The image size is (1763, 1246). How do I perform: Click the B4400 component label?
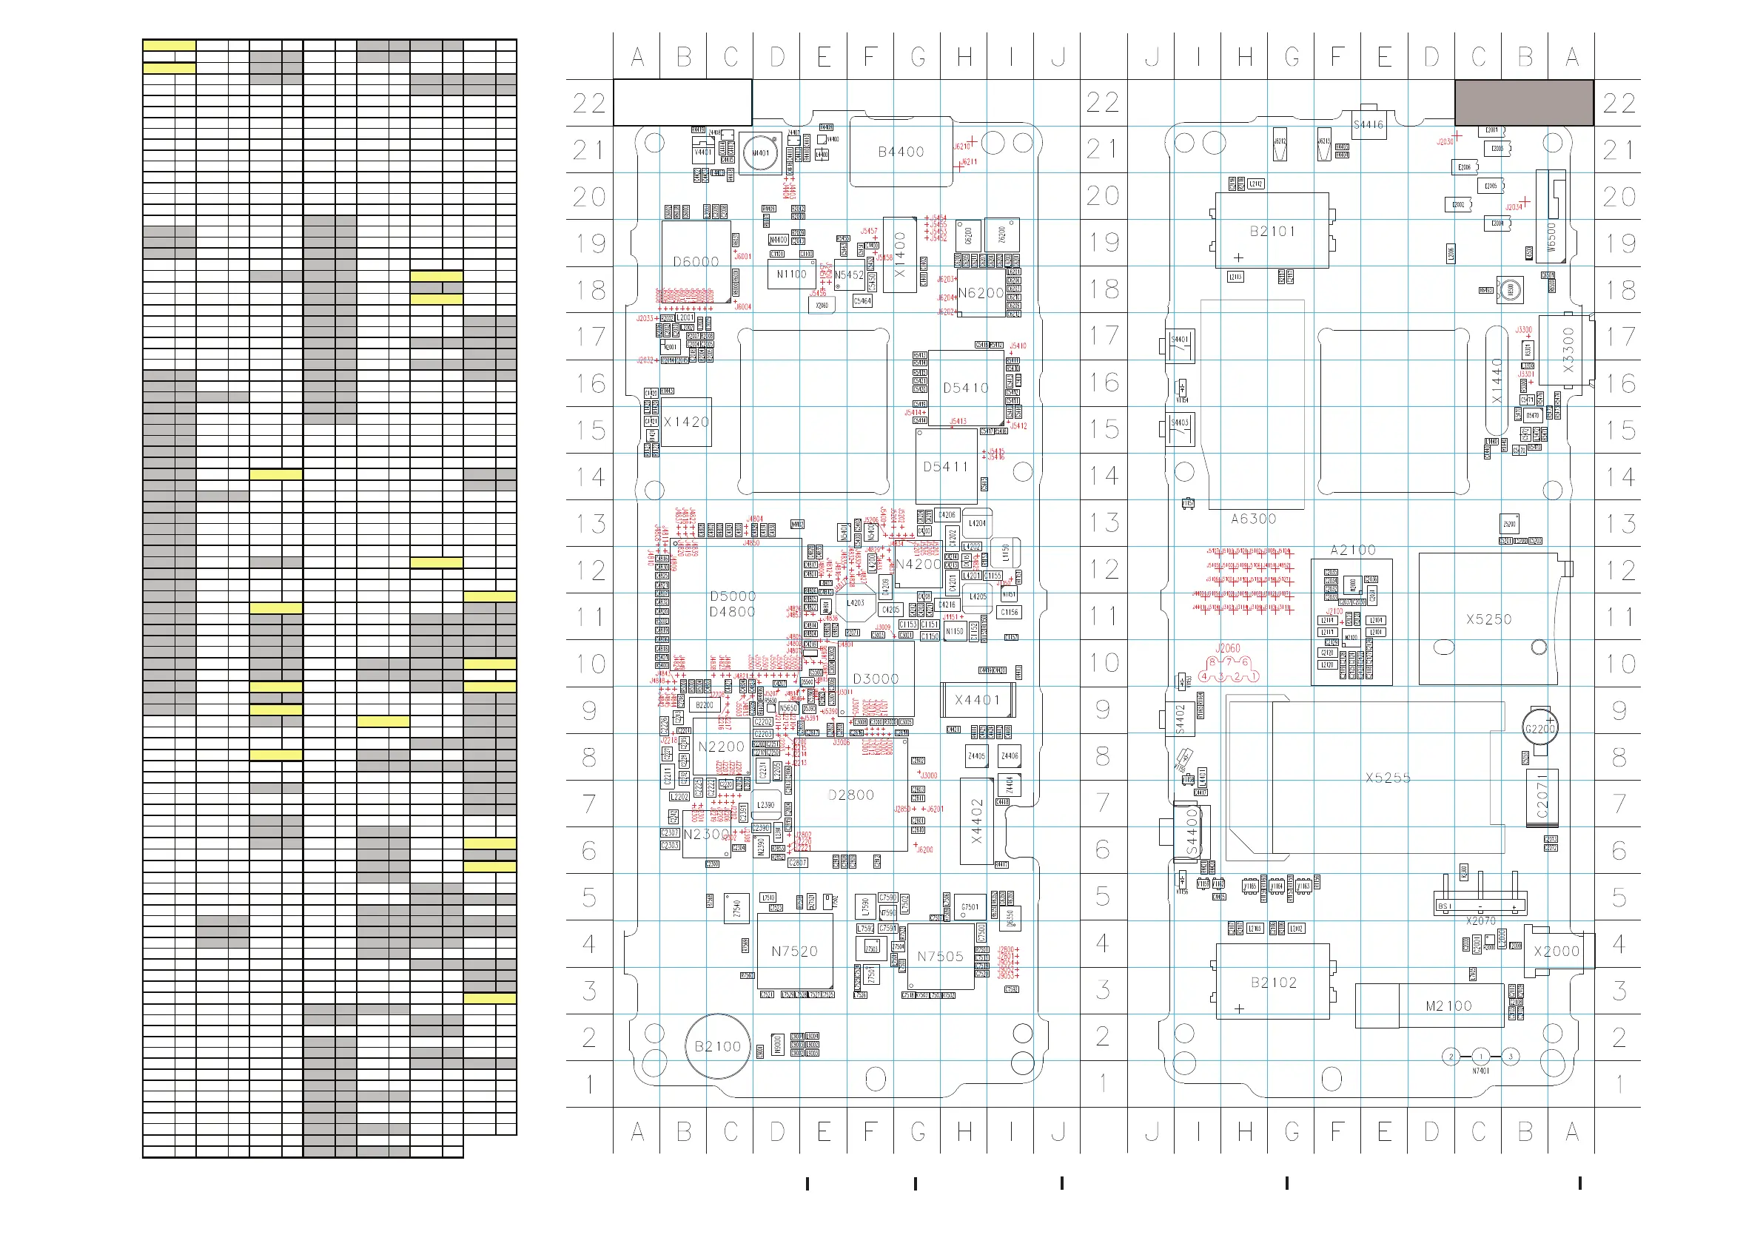click(x=901, y=152)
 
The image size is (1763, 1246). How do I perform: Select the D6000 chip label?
click(x=696, y=262)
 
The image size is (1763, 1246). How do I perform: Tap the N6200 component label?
click(x=981, y=293)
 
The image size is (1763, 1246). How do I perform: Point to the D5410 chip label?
click(x=965, y=388)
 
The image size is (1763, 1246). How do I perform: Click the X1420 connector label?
click(x=686, y=422)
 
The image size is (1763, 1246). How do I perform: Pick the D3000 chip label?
click(x=876, y=679)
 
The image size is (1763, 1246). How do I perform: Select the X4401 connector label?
click(x=977, y=700)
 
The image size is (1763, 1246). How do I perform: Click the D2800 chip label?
click(x=851, y=795)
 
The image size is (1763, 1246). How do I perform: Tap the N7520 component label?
click(x=794, y=952)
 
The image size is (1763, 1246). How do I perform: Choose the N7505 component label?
click(x=940, y=957)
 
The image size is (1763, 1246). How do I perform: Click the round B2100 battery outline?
click(x=717, y=1046)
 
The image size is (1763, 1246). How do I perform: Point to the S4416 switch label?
click(x=1369, y=125)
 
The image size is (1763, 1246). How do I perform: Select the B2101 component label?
click(x=1272, y=231)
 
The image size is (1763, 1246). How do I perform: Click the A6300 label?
click(x=1253, y=519)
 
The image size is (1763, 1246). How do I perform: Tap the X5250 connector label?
click(x=1488, y=619)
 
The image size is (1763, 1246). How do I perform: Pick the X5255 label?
click(x=1388, y=778)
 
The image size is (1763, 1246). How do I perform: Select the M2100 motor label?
click(x=1448, y=1006)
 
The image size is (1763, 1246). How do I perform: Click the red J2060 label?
click(x=1228, y=649)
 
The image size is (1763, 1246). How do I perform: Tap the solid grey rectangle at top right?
click(x=1523, y=102)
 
